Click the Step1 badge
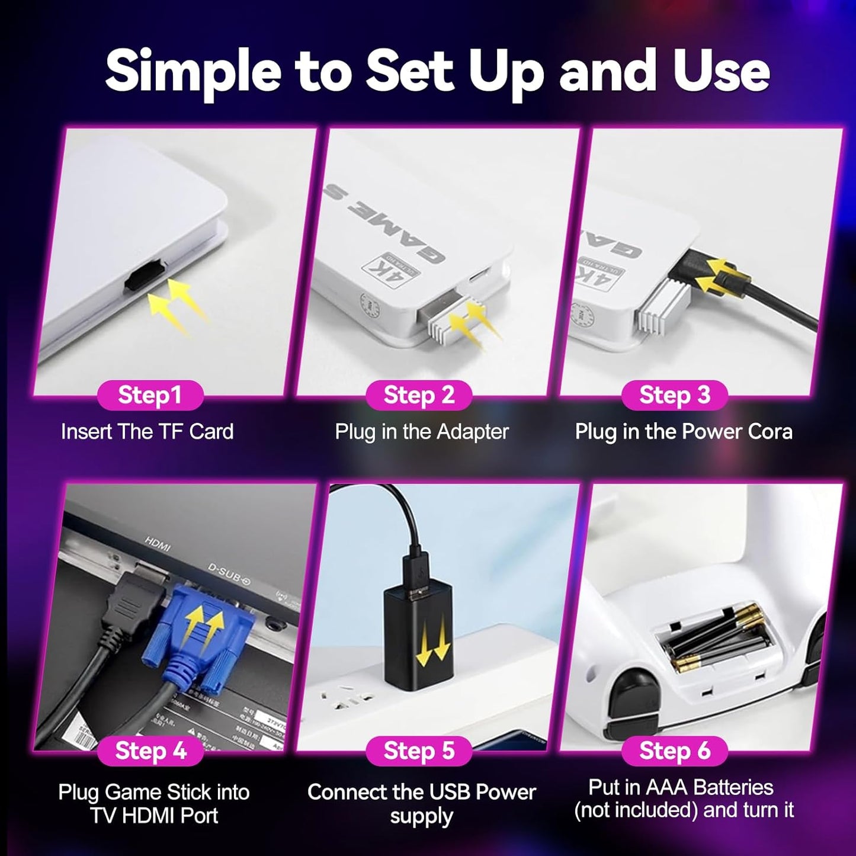tap(150, 395)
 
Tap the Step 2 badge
tap(419, 395)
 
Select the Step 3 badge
tap(674, 395)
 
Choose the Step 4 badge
tap(150, 751)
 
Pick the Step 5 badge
tap(419, 751)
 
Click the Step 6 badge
tap(674, 751)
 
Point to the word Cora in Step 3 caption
tap(770, 432)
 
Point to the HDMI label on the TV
tap(158, 544)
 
